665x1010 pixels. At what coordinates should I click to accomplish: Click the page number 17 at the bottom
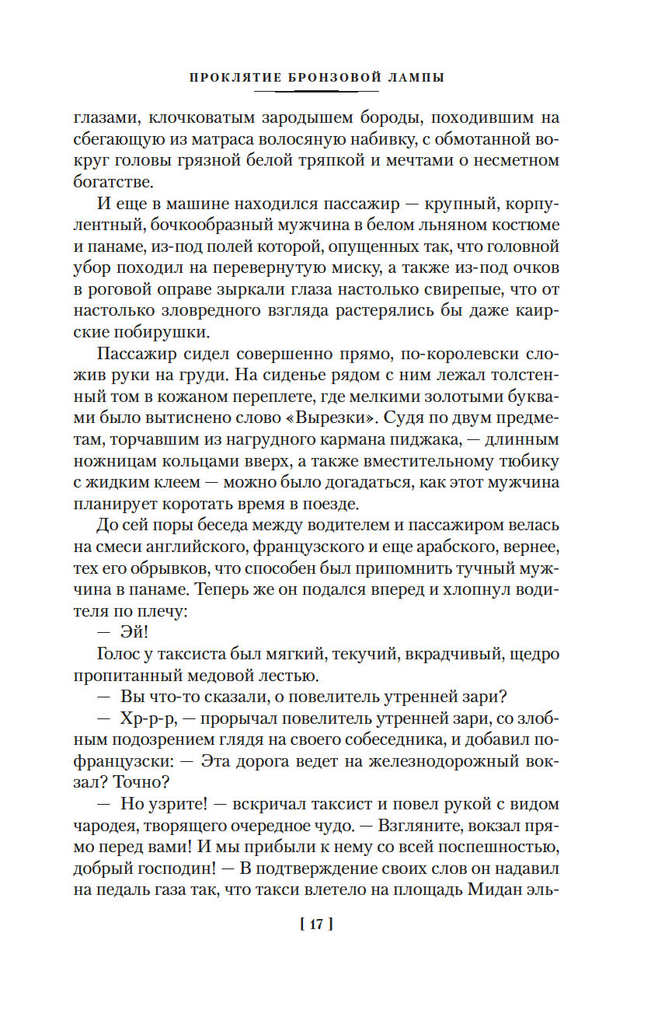316,924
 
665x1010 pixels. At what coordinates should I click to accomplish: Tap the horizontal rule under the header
316,93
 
